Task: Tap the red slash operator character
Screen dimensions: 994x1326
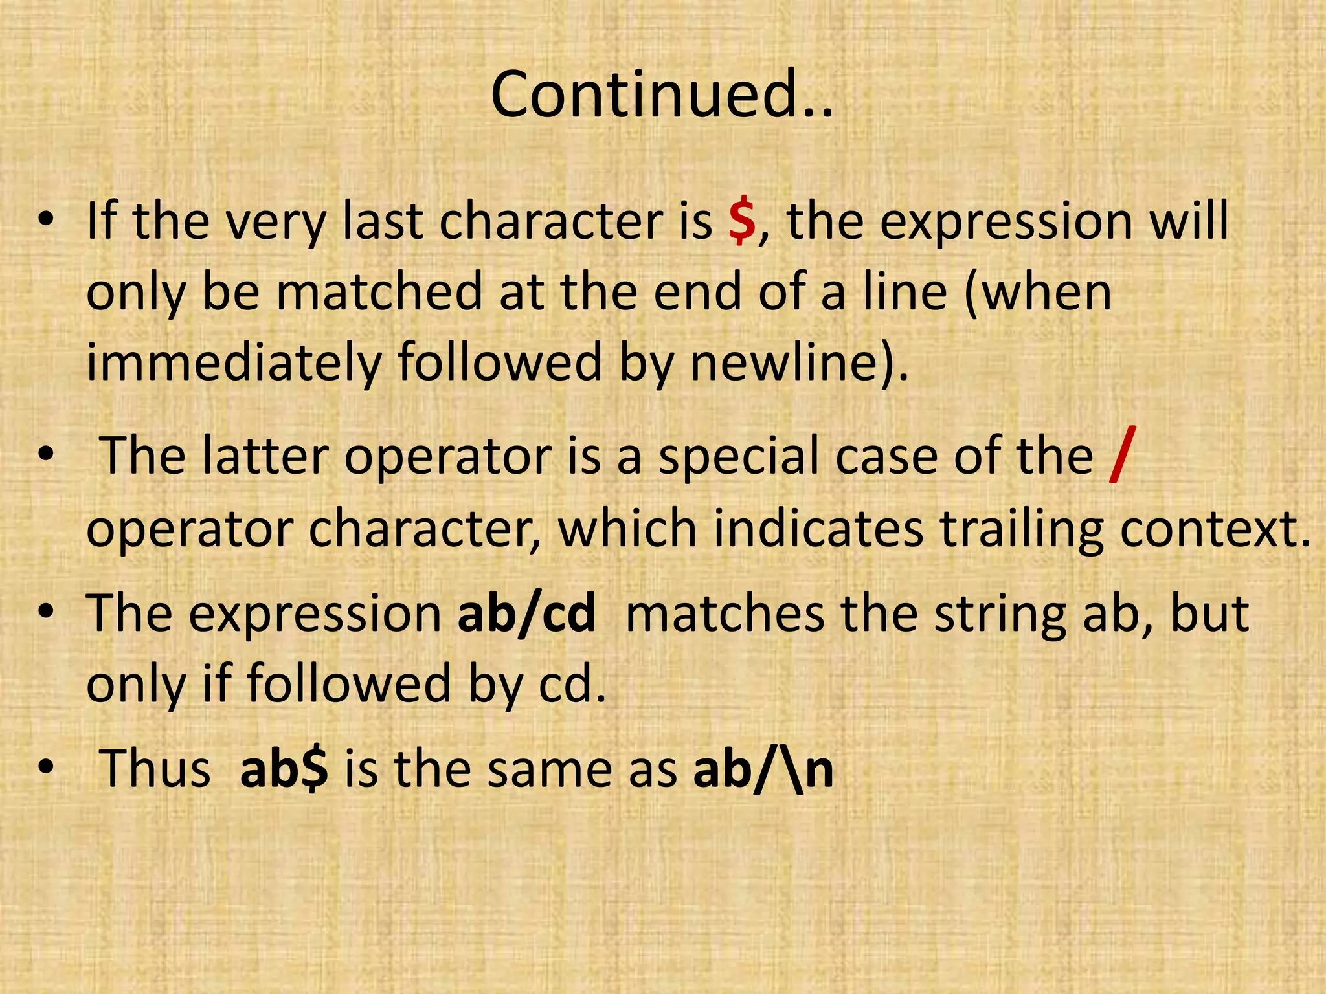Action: point(1120,457)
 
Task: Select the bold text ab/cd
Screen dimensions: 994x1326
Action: point(526,613)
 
